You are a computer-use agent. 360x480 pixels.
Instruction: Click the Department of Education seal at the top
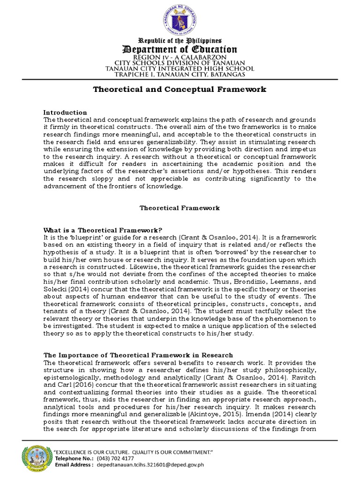(x=180, y=18)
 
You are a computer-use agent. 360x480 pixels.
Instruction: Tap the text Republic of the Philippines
(x=180, y=42)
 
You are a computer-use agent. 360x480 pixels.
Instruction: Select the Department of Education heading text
(x=180, y=50)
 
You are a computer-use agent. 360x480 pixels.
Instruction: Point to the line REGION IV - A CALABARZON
(x=180, y=57)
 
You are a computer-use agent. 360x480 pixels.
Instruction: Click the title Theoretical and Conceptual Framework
(x=180, y=89)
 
